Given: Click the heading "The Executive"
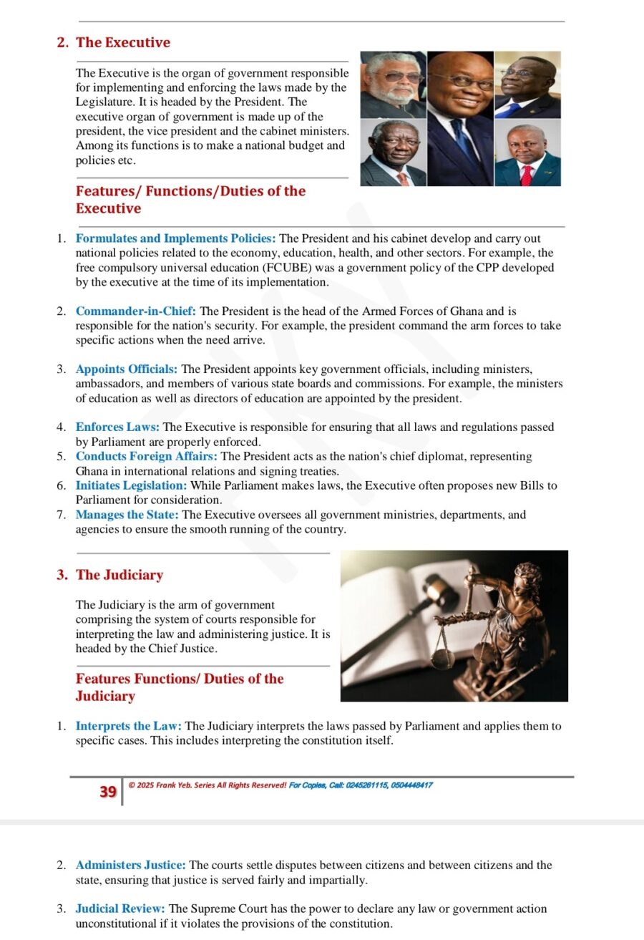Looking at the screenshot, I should pos(123,42).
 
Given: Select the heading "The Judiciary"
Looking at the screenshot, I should pos(119,575).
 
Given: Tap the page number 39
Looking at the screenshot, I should pos(108,792).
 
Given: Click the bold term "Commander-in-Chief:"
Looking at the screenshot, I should pos(136,311).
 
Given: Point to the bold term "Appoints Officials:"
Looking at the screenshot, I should pos(127,369).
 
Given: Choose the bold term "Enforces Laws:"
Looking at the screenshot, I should pos(117,427).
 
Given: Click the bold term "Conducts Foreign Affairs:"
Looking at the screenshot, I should pos(147,456).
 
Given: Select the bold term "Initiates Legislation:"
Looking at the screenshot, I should pos(131,485).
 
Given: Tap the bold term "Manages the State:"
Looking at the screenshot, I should pos(127,515).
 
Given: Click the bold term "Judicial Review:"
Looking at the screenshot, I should pos(120,909).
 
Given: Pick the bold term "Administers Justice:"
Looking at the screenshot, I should pos(131,866).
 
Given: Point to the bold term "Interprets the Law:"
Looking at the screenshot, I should pos(129,726).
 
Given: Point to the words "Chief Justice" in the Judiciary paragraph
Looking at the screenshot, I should pos(182,649).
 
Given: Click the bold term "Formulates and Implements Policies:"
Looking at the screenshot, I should pos(175,238).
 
